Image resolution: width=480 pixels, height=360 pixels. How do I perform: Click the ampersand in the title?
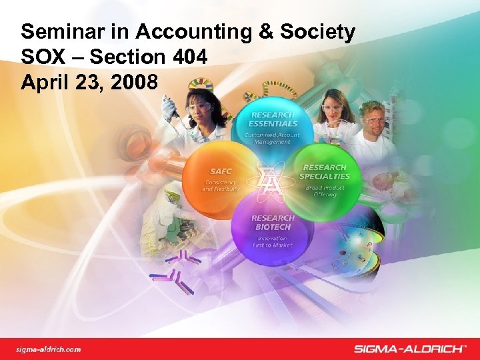pos(255,31)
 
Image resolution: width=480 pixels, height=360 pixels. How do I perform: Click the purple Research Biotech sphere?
pos(272,230)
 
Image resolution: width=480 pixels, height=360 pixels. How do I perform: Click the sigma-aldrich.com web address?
pos(49,349)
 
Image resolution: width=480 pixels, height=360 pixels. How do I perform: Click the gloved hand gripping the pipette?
pos(169,107)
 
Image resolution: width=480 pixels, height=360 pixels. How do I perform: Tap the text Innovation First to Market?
pos(272,241)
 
